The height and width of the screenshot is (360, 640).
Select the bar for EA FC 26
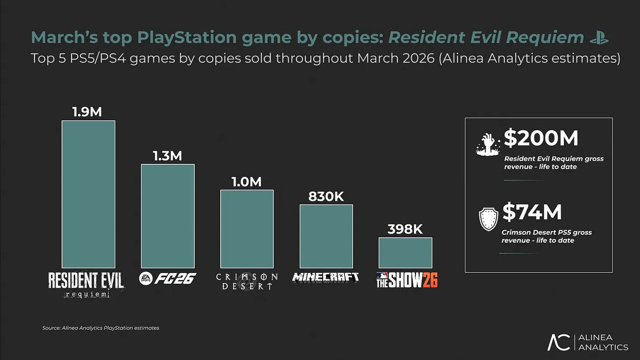pos(167,215)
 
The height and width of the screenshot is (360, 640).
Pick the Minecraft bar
pos(326,236)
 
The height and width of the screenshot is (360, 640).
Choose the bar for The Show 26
pos(405,252)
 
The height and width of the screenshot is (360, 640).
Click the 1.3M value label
pos(167,156)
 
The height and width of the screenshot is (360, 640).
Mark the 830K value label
pos(326,196)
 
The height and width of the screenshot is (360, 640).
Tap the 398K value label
pos(405,229)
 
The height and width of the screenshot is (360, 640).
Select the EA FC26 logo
pos(167,278)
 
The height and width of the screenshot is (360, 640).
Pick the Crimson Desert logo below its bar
pos(247,281)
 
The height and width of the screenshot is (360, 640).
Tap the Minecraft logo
pos(326,277)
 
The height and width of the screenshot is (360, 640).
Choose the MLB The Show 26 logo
pos(406,279)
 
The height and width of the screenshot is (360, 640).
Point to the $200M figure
pos(541,139)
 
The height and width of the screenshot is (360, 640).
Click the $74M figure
pos(532,212)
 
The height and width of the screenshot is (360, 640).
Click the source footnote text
pos(100,327)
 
